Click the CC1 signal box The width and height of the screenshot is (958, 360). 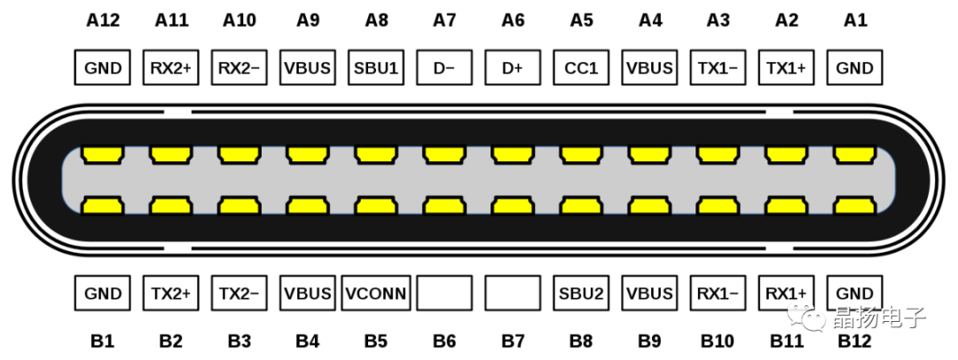[x=581, y=68]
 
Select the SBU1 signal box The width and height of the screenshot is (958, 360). [x=376, y=68]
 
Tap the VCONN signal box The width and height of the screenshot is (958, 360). [x=376, y=293]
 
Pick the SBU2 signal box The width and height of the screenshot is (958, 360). [x=581, y=293]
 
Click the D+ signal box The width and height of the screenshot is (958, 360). [x=513, y=68]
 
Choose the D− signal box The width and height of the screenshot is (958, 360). [x=444, y=68]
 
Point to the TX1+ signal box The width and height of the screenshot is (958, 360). [x=786, y=68]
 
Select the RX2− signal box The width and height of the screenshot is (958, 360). [x=239, y=68]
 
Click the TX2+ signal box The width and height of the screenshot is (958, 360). [x=171, y=293]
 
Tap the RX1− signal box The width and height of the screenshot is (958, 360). [x=718, y=293]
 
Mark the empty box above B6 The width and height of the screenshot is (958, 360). [x=444, y=293]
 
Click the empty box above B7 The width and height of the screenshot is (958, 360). [x=513, y=293]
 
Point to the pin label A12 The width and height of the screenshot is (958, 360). [x=103, y=21]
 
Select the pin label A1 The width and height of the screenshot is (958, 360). [x=854, y=21]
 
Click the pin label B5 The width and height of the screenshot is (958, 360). [x=376, y=340]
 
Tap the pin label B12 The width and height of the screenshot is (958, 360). [x=854, y=340]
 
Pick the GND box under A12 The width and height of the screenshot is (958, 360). [x=103, y=68]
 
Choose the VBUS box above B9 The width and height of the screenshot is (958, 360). [x=649, y=293]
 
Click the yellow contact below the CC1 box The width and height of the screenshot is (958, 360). [x=581, y=155]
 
